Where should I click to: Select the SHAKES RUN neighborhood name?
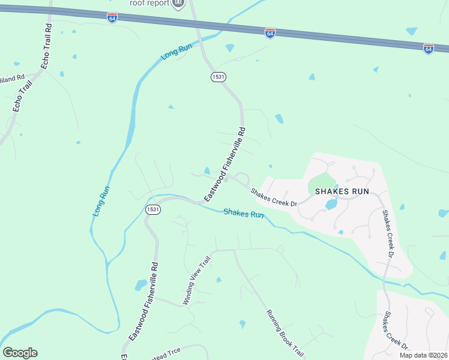coord(342,191)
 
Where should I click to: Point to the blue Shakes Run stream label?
coord(244,214)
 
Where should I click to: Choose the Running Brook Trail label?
coord(286,333)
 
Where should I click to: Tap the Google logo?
coord(20,353)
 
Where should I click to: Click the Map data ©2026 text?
coord(423,355)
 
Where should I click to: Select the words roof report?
coord(150,2)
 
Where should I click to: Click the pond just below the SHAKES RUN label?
coord(331,204)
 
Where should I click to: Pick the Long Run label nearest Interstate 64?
coord(176,52)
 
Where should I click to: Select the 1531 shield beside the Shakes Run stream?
coord(152,209)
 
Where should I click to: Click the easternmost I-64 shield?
coord(428,49)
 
